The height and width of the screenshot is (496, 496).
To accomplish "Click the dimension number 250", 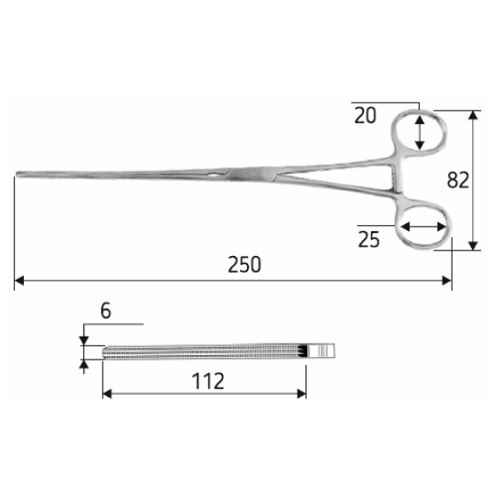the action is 244,265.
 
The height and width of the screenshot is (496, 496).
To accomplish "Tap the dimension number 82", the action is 458,180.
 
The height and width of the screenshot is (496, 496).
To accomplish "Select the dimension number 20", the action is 365,115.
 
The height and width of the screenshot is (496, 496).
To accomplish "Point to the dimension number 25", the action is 368,239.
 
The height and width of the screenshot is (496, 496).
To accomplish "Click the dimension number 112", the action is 208,381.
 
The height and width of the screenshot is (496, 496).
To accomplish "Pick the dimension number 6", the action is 105,311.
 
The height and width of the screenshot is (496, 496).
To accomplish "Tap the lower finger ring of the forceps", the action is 399,227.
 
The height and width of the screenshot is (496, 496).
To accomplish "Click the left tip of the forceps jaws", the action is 17,174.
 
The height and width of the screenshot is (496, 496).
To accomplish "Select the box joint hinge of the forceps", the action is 250,174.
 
